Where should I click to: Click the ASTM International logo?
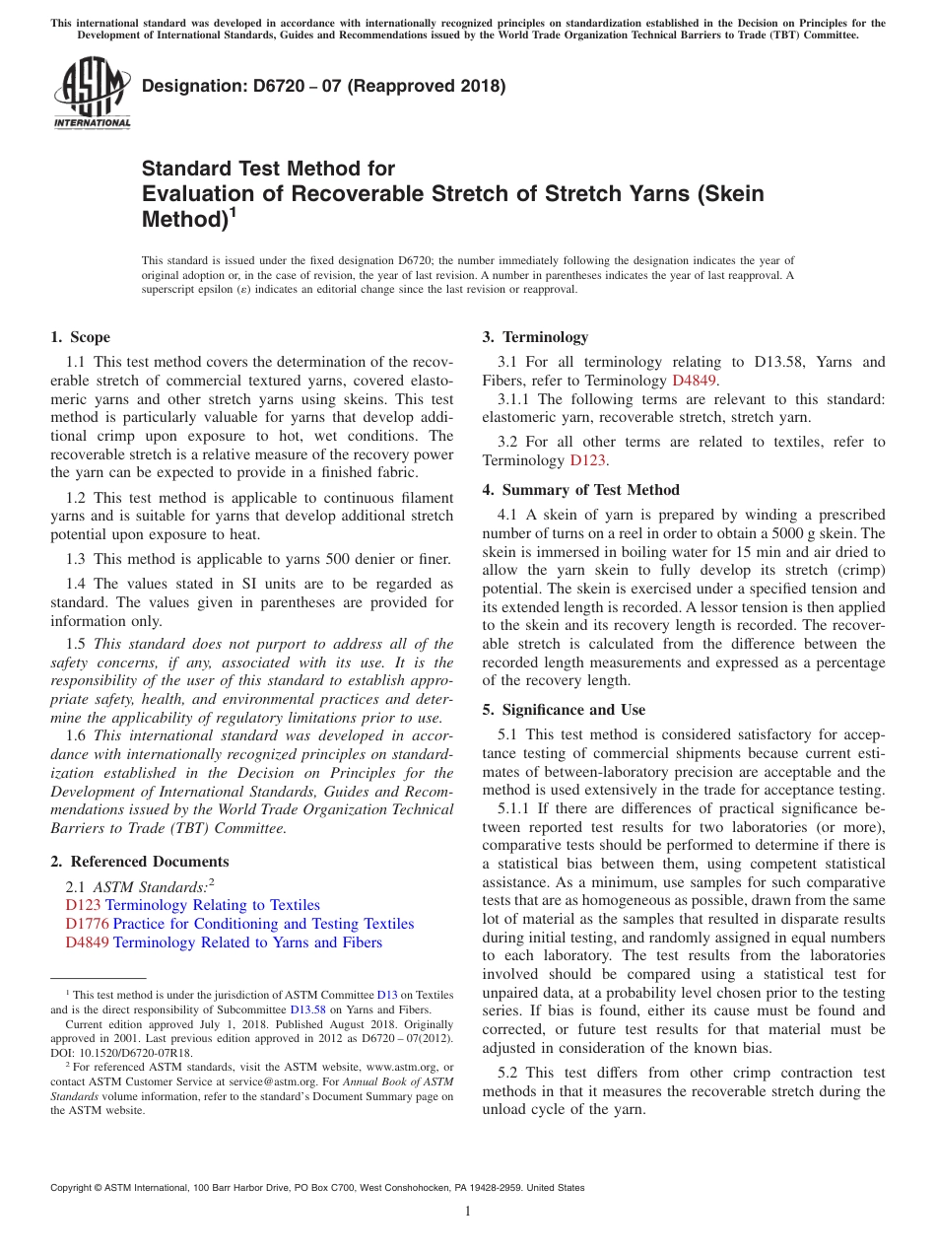point(92,94)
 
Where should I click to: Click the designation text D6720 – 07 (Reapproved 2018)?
point(324,86)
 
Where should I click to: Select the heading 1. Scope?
point(81,337)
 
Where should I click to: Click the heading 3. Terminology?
point(535,337)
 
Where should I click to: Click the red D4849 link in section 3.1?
point(694,381)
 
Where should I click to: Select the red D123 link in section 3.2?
point(587,460)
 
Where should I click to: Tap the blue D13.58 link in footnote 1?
point(306,1010)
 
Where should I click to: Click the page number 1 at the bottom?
point(468,1211)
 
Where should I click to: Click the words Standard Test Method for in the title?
point(268,169)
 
